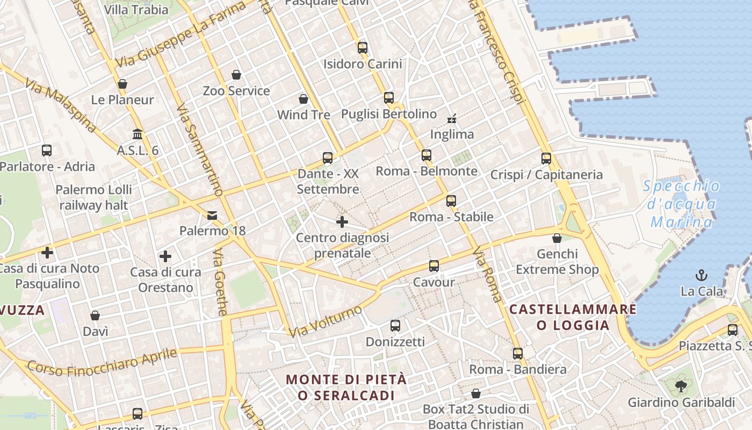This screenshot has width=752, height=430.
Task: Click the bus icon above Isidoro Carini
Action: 363,47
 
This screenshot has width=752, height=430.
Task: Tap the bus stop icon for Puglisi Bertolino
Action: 389,98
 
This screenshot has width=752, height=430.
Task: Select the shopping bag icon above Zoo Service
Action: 236,75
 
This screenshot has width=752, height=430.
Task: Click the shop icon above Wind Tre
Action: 303,99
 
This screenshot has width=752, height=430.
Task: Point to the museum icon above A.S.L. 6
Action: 138,134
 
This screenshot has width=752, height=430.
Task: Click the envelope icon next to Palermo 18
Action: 212,216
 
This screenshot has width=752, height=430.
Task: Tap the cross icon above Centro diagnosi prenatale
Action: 342,221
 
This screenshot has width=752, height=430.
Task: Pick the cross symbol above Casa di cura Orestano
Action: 165,256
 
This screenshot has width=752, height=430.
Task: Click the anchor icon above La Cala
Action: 702,276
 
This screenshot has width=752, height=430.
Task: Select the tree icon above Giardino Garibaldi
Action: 681,386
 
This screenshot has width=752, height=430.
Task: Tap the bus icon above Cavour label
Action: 434,266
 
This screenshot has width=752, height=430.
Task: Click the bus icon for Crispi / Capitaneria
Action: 546,159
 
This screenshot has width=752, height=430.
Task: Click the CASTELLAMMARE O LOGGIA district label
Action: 573,317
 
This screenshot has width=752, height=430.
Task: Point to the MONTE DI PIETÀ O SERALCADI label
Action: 346,387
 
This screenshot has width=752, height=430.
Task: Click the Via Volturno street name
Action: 326,321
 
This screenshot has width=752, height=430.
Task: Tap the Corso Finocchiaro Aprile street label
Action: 102,362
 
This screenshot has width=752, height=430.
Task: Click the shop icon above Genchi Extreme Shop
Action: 557,238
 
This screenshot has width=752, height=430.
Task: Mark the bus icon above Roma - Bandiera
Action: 518,354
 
